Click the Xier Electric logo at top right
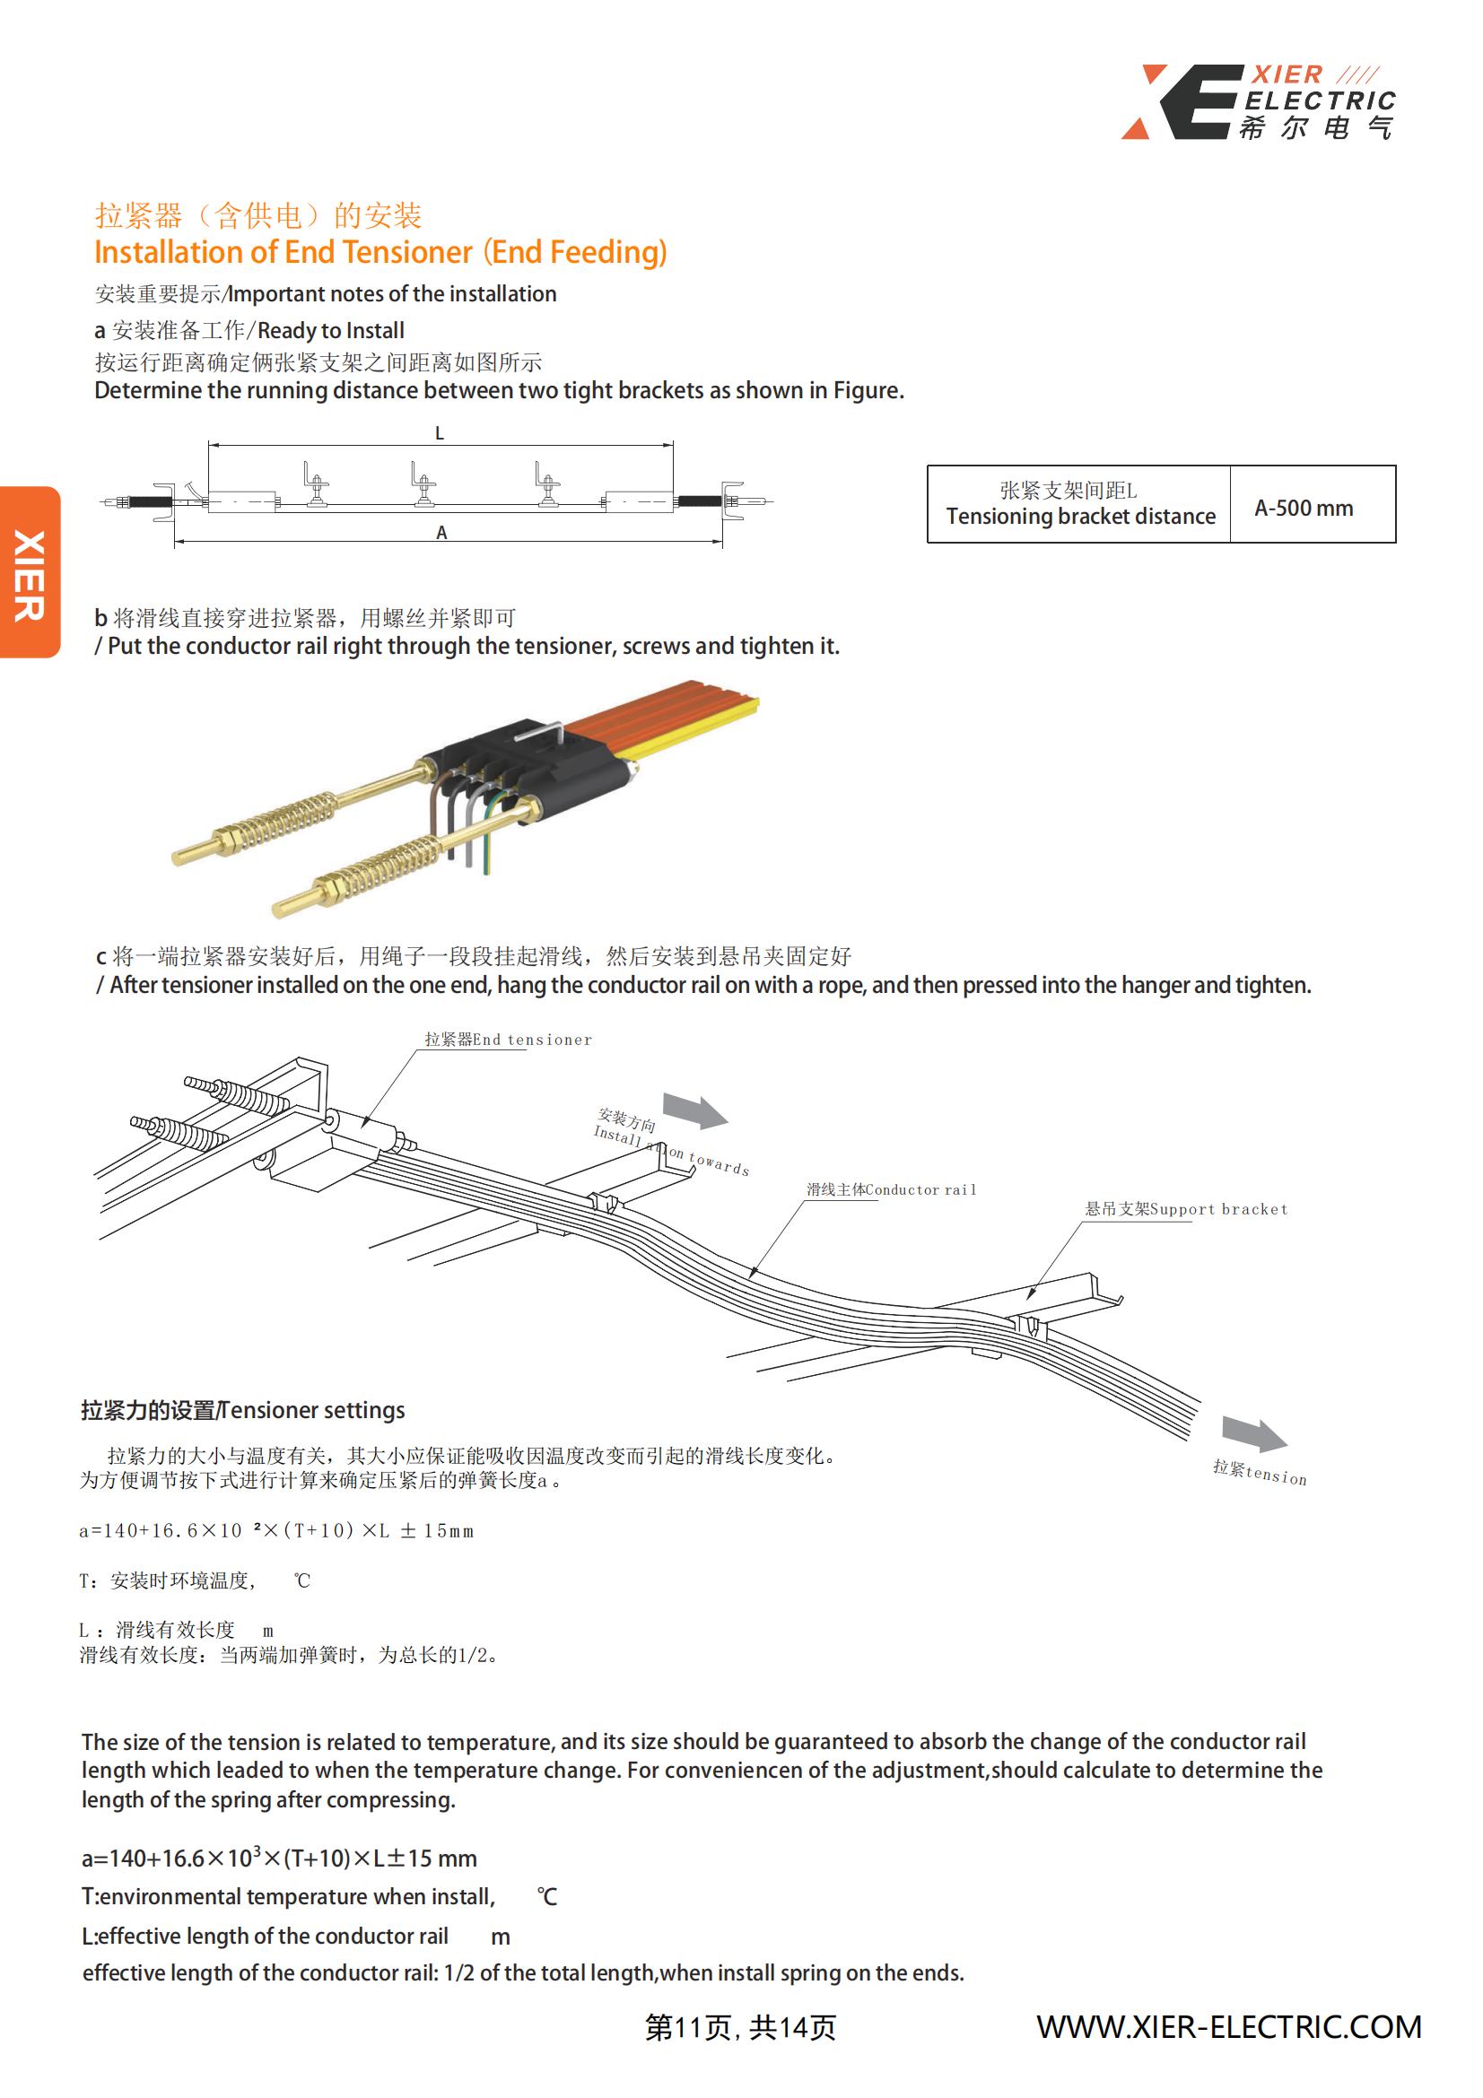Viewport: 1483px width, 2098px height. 1258,101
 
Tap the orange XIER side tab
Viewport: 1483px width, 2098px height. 30,573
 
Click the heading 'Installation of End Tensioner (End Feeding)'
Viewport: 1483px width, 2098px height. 380,252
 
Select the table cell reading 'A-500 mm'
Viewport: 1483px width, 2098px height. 1303,508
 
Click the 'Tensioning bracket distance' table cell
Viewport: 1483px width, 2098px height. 1080,517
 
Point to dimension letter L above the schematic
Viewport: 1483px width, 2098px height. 440,433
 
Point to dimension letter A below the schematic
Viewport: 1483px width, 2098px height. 441,533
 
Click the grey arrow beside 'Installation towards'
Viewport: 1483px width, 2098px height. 694,1110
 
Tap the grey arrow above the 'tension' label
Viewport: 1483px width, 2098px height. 1254,1433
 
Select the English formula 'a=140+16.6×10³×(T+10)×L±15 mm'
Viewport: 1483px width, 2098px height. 280,1858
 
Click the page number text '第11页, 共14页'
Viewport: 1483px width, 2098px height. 740,2028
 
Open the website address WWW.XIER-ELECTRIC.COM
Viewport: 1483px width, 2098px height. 1228,2027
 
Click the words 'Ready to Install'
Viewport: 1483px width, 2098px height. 331,331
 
